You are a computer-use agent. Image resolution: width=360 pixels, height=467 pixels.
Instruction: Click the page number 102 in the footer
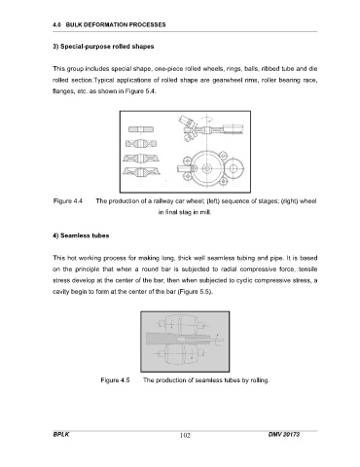coord(185,435)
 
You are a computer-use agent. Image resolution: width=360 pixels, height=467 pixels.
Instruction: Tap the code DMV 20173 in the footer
coord(284,434)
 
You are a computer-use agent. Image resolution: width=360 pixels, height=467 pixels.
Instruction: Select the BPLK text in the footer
coord(61,434)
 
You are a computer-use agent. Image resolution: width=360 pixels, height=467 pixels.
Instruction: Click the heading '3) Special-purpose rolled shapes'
coord(103,47)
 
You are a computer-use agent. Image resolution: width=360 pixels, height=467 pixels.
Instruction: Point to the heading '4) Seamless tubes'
coord(81,235)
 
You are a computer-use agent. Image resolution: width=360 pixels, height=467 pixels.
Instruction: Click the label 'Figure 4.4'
coord(68,201)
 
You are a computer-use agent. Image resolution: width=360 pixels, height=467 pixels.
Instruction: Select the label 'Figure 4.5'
coord(115,380)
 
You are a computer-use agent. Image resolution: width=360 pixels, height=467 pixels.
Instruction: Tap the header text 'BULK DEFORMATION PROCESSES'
coord(116,24)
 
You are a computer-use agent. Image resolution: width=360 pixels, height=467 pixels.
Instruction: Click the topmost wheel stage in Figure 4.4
coord(141,129)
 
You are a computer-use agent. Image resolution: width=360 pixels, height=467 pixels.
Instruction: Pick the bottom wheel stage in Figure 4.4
coord(142,171)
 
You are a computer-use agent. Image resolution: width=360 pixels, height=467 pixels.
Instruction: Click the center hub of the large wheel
coord(206,168)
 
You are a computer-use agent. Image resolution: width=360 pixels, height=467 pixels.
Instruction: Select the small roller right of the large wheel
coord(234,168)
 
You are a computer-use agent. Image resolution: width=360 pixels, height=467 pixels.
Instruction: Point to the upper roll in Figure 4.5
coord(179,324)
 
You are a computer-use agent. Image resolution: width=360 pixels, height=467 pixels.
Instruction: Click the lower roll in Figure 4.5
coord(179,354)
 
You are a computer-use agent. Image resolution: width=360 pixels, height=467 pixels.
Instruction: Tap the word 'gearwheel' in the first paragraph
coord(224,80)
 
